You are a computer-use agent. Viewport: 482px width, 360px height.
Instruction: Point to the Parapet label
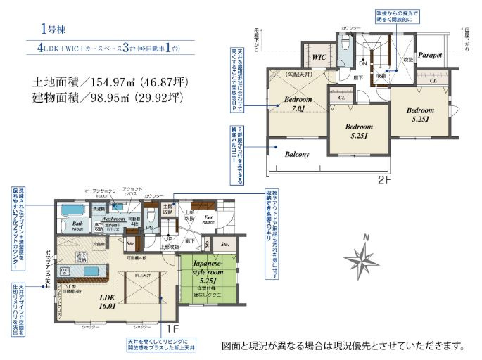(x=429, y=54)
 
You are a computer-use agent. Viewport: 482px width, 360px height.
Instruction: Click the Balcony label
(x=297, y=154)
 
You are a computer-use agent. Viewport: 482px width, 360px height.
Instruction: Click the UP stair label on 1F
(x=166, y=239)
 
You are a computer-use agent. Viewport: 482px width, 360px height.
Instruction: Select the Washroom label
(x=113, y=219)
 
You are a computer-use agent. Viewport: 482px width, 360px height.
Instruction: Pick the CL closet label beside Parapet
(x=433, y=82)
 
